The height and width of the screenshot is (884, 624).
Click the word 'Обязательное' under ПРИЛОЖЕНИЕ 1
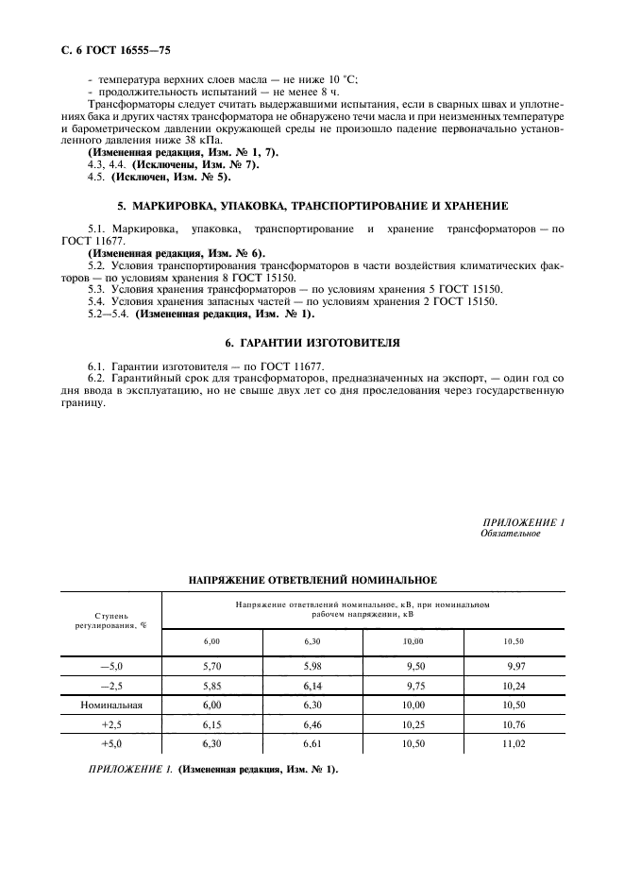510,534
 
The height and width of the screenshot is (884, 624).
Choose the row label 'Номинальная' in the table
112,705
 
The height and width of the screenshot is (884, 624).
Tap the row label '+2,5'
112,724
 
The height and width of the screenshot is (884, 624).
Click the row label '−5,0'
112,666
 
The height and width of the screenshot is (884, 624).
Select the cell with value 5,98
313,666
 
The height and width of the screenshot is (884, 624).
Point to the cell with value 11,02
514,743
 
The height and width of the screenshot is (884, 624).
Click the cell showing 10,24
514,686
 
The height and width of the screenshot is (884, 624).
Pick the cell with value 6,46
313,724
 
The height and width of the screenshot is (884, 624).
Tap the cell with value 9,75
415,686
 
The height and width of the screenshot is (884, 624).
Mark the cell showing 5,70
212,666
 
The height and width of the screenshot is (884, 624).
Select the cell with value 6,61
313,743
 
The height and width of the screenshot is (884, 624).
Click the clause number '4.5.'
95,176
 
